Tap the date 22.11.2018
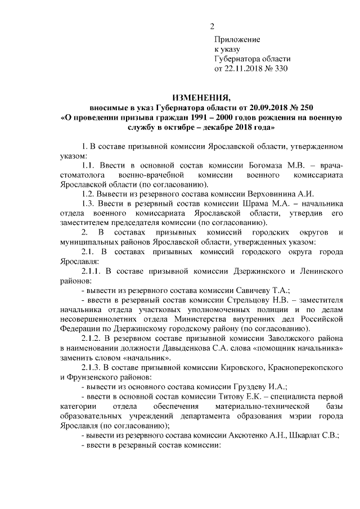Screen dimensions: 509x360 pos(245,69)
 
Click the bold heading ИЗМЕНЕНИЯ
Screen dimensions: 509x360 pos(201,96)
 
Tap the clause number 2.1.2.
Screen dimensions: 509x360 pos(93,339)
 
